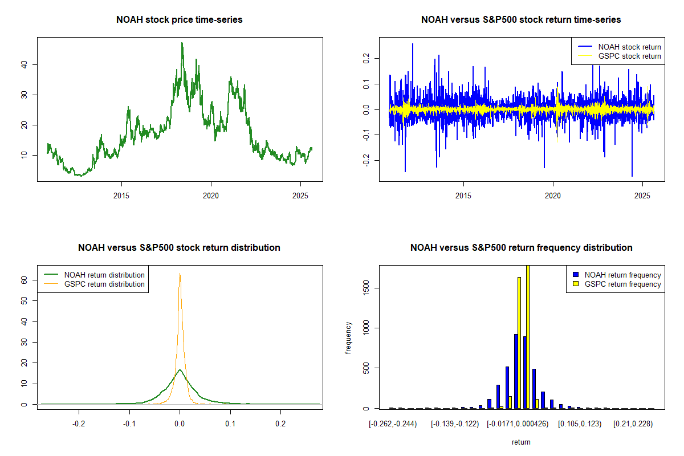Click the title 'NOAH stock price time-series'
tap(180, 20)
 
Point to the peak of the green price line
tap(182, 43)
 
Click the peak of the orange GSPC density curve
tap(180, 274)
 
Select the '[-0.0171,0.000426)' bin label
tap(518, 424)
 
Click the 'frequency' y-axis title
tap(349, 337)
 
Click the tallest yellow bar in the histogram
tap(528, 336)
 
